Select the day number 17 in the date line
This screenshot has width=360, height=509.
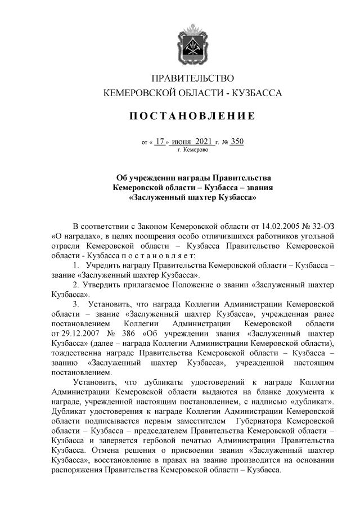tap(161, 142)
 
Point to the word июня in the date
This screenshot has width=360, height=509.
tap(182, 142)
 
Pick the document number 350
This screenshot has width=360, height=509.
tap(237, 142)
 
